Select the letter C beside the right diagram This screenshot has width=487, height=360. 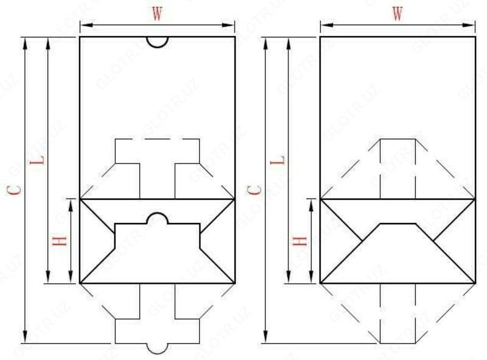coord(258,189)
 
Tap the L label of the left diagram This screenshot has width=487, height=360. coord(41,161)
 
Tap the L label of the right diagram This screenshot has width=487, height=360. coord(281,161)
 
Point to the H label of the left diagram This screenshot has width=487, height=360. coord(60,241)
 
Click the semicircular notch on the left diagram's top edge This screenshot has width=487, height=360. coord(157,41)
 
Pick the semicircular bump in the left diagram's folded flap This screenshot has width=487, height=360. coord(157,219)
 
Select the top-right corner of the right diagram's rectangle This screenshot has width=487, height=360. coord(475,37)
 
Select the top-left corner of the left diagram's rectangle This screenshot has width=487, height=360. coord(80,37)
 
